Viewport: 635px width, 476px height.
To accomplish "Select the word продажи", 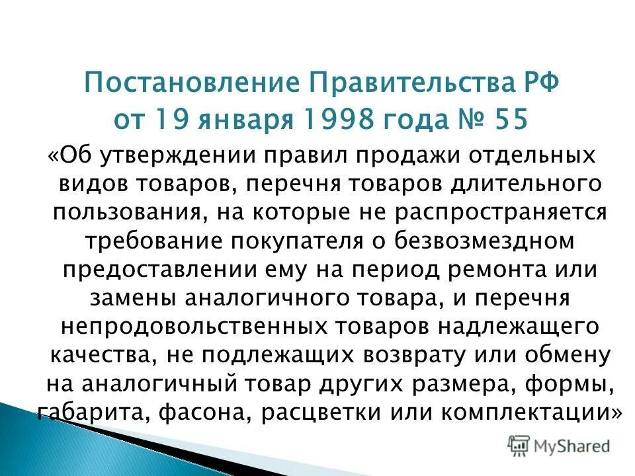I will [x=387, y=157].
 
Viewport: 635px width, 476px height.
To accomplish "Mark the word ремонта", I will [x=491, y=270].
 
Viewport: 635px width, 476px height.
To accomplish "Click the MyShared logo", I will [x=558, y=446].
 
